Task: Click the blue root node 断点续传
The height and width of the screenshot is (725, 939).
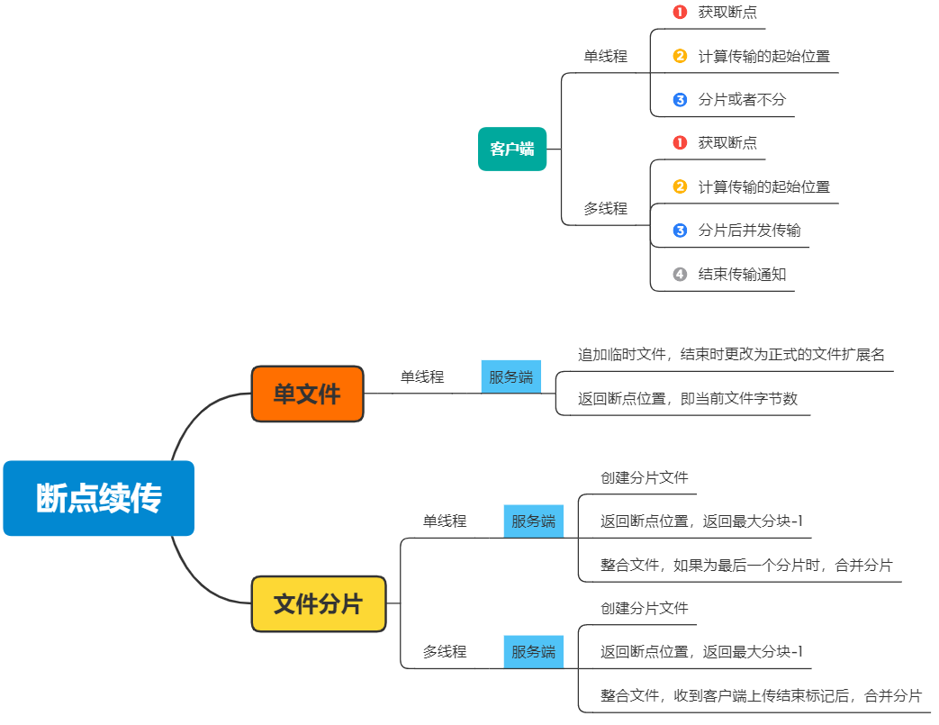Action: [99, 498]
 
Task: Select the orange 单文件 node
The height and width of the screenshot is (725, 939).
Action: [307, 394]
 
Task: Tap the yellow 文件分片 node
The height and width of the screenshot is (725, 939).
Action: [319, 603]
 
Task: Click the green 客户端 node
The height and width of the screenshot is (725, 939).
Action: [512, 149]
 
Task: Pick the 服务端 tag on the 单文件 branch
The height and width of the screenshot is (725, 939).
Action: [510, 376]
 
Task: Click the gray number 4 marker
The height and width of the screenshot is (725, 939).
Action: [680, 274]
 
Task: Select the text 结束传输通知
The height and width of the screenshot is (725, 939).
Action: [742, 274]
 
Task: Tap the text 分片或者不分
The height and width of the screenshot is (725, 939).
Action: [742, 99]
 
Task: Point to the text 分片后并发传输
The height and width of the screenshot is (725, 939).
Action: [749, 230]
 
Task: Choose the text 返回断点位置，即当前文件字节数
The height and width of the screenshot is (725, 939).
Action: [688, 398]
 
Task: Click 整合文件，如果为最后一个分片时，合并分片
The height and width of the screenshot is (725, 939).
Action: [746, 566]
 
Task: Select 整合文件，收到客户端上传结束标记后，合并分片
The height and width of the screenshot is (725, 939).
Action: [761, 695]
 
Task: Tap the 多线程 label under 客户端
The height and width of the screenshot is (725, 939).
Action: [605, 208]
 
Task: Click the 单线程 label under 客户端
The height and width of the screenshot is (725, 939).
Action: [605, 56]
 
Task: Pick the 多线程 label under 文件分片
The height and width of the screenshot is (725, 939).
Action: [445, 651]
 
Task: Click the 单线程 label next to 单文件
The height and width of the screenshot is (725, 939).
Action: [422, 376]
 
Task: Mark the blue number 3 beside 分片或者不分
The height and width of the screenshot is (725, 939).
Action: [680, 99]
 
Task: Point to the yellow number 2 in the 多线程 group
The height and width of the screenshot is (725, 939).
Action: [680, 186]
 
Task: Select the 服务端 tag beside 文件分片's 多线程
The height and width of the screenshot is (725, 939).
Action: [533, 651]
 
